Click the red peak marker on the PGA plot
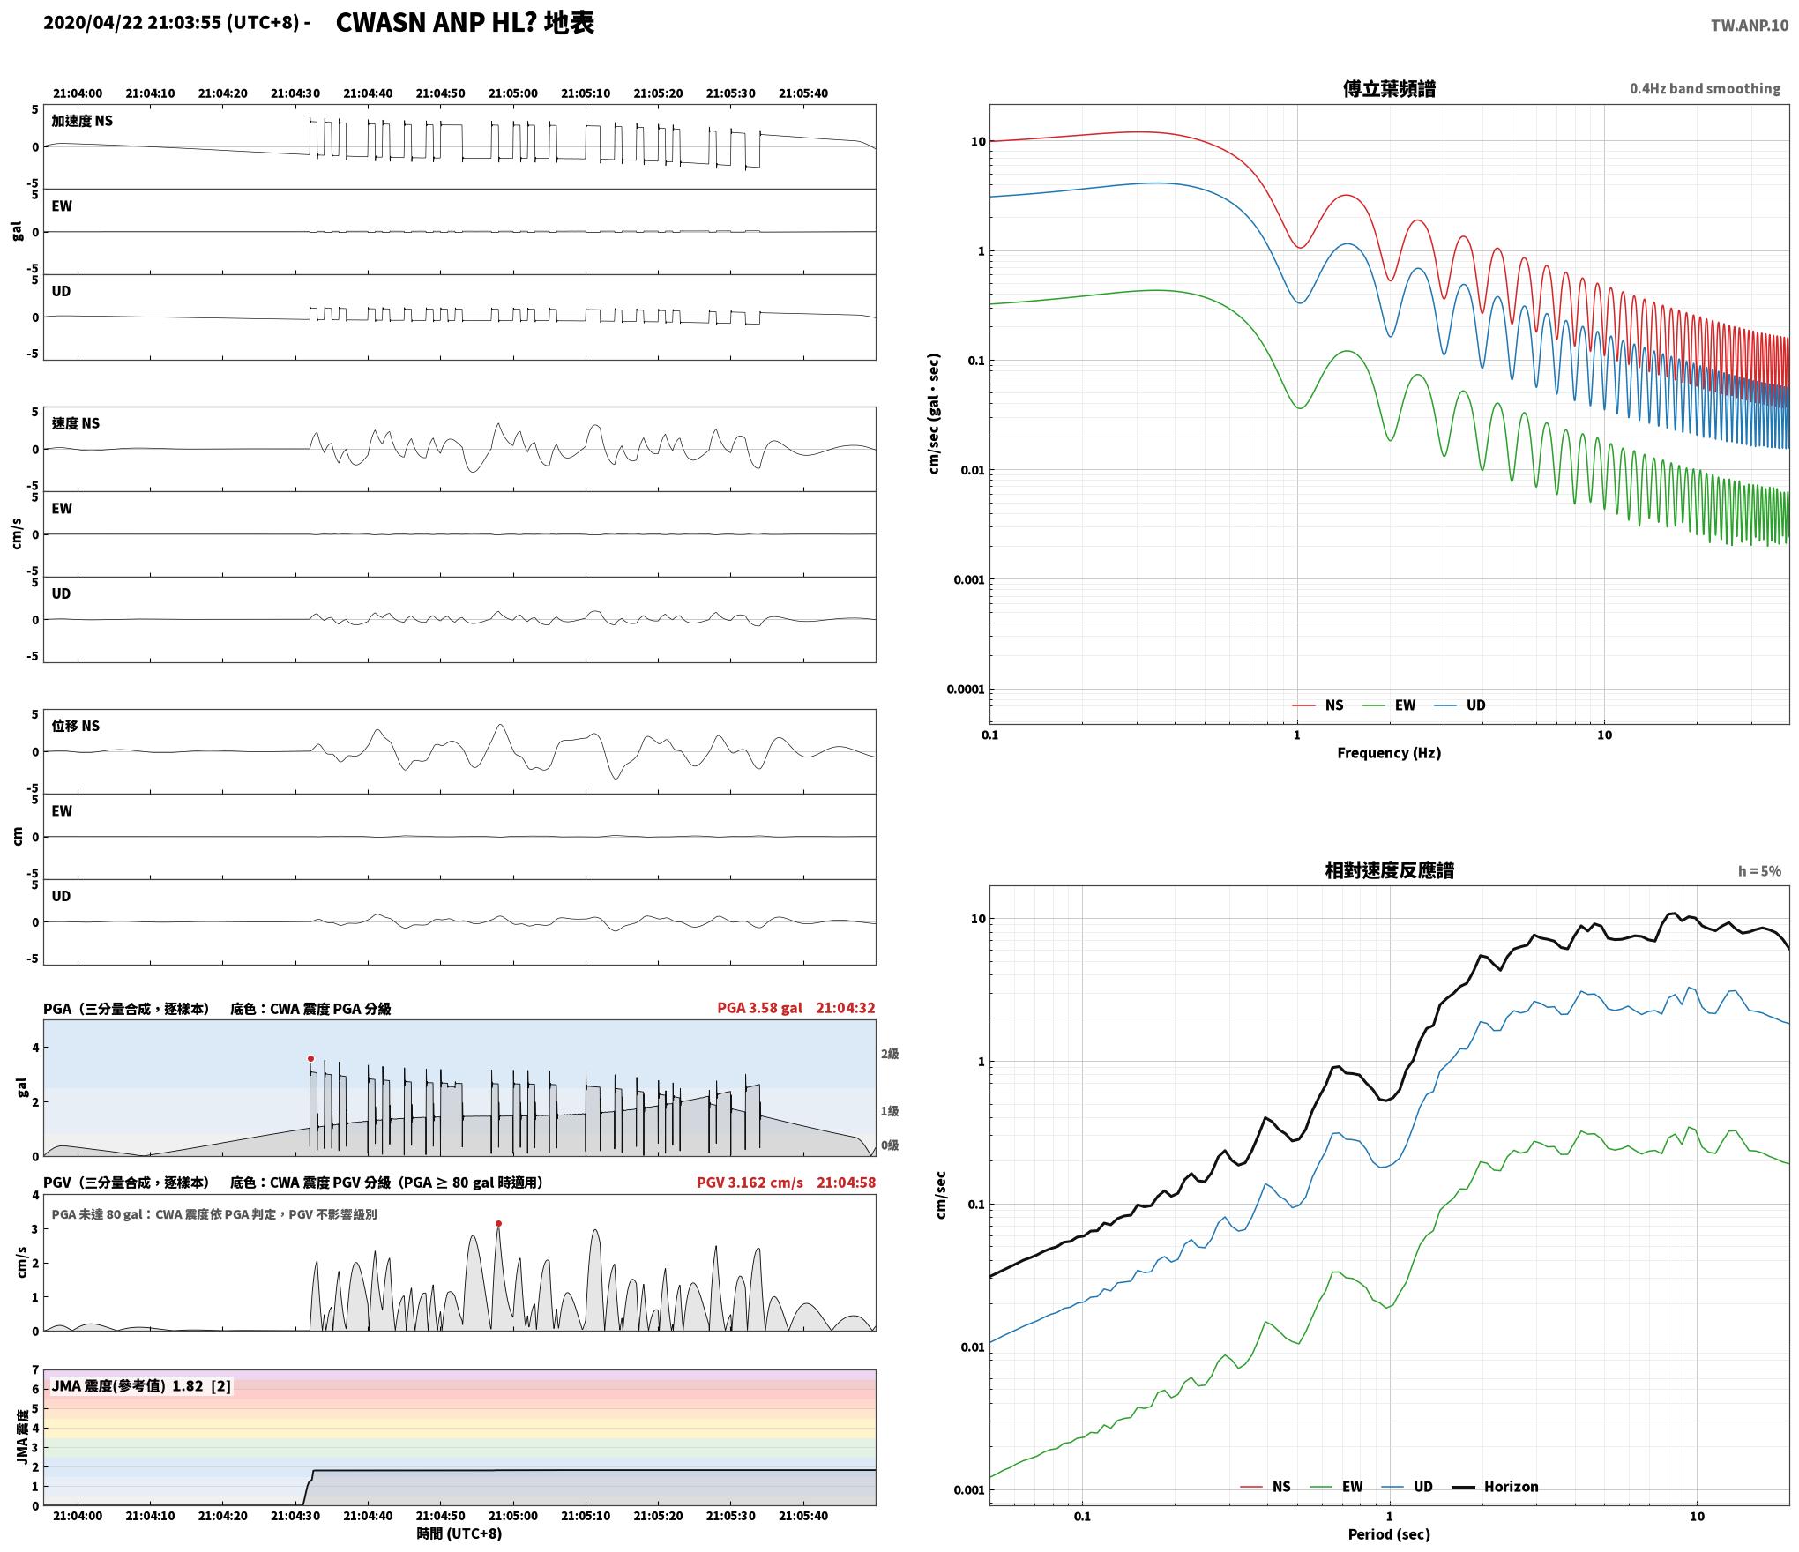(x=310, y=1058)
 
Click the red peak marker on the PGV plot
(x=498, y=1223)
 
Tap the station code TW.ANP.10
(x=1750, y=26)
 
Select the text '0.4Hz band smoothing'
(x=1705, y=88)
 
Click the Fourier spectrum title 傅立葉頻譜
(x=1389, y=88)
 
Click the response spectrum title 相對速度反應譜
(x=1389, y=870)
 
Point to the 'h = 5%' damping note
(x=1759, y=871)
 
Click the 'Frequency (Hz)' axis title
(x=1389, y=752)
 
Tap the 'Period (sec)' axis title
(x=1389, y=1534)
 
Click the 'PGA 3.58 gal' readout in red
(x=759, y=1008)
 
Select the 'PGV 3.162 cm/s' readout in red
(x=750, y=1183)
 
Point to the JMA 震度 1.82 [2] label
(x=141, y=1386)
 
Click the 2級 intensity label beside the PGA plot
(x=890, y=1054)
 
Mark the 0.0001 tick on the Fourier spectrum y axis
(x=965, y=689)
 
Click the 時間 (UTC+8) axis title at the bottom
(x=459, y=1533)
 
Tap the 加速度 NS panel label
(x=82, y=121)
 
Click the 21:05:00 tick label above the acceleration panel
(x=512, y=93)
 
